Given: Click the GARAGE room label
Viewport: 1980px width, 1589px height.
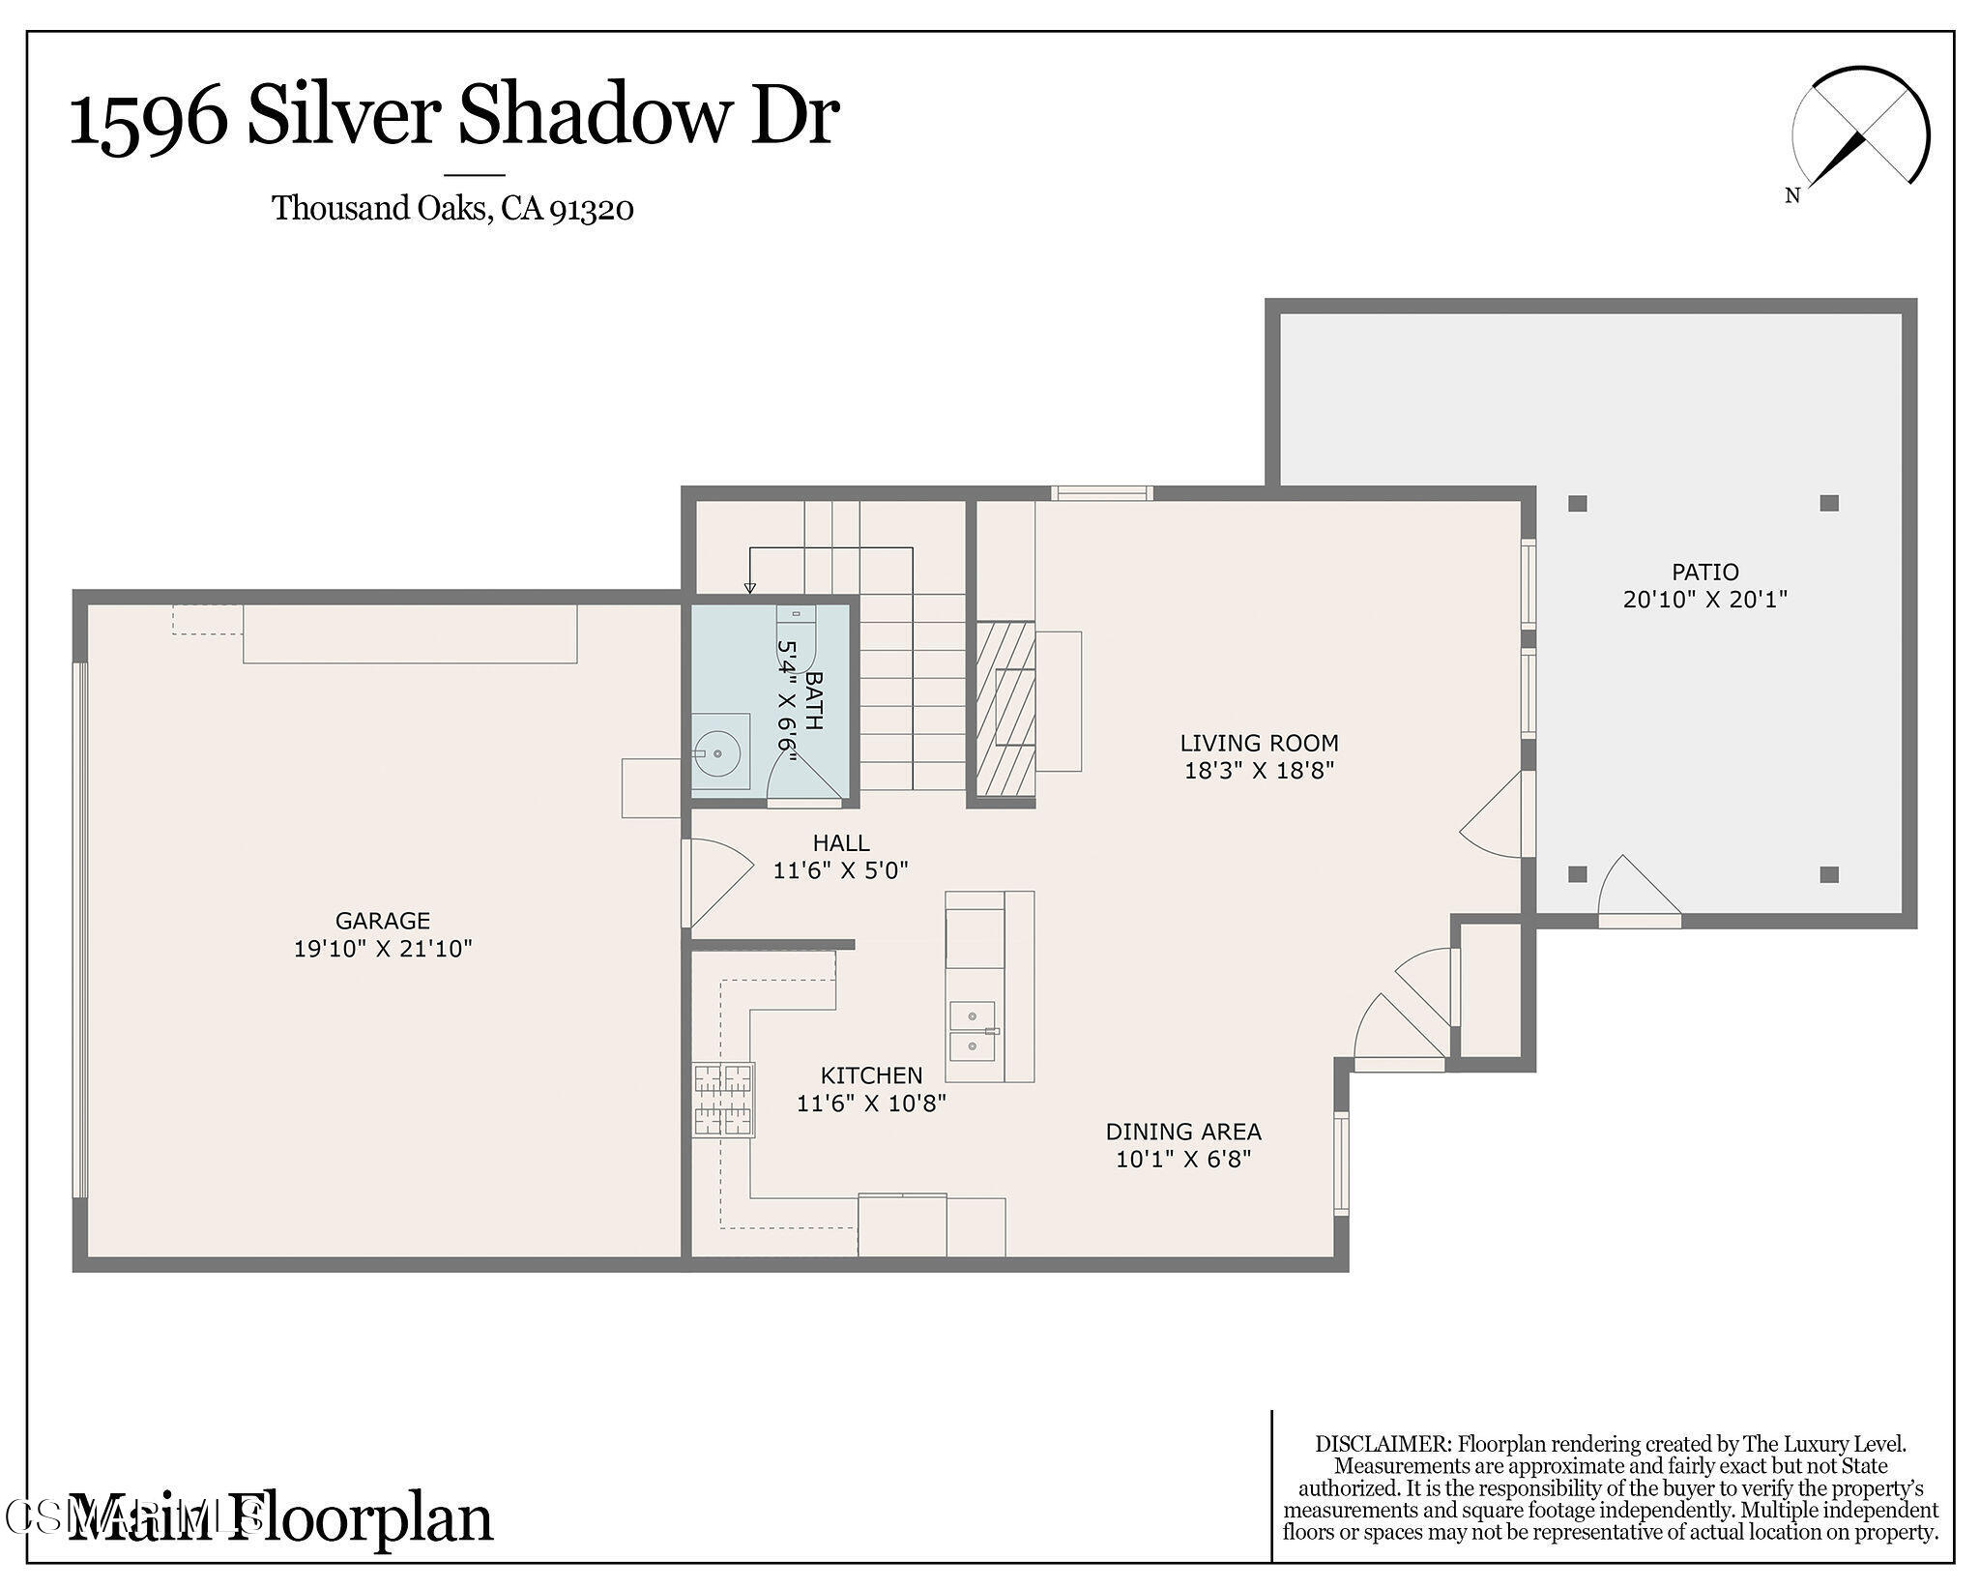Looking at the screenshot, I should [x=382, y=921].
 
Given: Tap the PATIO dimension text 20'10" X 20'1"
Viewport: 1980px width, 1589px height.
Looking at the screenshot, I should [x=1704, y=600].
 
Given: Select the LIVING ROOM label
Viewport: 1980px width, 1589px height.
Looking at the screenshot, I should [x=1259, y=743].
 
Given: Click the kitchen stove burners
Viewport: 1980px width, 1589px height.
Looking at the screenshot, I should [x=723, y=1099].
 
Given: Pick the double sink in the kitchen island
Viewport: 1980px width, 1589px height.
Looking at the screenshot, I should [x=974, y=1031].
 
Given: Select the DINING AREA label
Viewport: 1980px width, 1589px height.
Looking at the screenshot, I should [x=1182, y=1131].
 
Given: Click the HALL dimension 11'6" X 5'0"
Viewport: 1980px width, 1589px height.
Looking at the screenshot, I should [x=840, y=870].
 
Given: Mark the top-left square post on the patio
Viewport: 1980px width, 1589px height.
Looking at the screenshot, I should [x=1577, y=503].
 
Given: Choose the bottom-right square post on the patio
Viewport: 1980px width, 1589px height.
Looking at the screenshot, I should [x=1828, y=874].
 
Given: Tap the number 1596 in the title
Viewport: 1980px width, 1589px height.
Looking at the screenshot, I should [x=147, y=118].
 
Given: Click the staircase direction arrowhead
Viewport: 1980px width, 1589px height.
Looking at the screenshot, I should [x=749, y=587].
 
